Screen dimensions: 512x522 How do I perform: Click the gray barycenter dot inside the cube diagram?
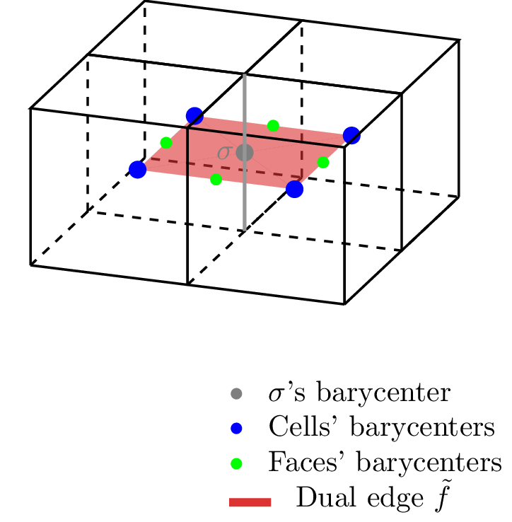245,153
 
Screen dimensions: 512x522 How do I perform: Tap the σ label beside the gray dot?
223,153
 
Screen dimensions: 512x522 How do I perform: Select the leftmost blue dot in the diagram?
137,170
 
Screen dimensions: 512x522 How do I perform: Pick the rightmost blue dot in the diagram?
351,136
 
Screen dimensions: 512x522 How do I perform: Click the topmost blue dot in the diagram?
194,116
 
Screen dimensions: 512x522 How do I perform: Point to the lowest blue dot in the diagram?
295,189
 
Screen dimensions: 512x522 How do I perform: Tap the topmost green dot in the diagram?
273,126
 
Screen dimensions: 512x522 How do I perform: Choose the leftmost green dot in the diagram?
166,143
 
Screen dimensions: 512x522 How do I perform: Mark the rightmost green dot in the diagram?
323,163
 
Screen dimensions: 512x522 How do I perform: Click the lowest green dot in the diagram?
216,180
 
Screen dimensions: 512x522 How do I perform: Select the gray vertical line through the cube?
245,152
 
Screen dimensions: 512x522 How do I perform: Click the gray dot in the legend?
236,394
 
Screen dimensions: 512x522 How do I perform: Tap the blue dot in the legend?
236,429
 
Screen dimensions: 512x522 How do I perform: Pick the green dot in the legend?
236,463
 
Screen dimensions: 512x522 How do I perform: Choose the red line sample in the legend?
250,502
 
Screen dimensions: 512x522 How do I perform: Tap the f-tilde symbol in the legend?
443,497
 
